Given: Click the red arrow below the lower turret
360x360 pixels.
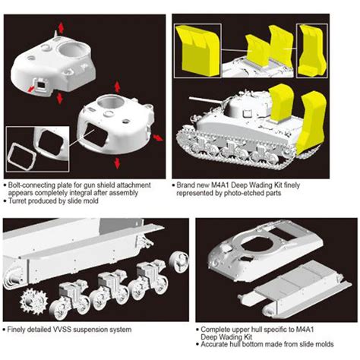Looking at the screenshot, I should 115,163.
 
